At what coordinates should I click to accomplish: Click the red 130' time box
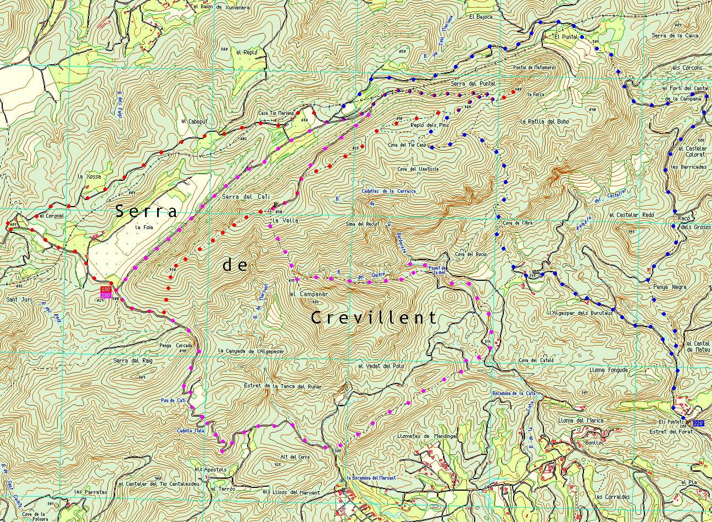coord(106,290)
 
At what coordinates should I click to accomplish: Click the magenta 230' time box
coord(106,296)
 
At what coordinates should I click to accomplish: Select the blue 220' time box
coord(698,423)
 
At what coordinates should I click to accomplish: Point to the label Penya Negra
coord(670,287)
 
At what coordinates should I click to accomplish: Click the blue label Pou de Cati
coord(174,401)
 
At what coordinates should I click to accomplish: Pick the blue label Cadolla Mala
coord(190,430)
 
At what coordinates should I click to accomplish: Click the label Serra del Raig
coord(132,360)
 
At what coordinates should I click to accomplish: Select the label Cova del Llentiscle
coord(418,169)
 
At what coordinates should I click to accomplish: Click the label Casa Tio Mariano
coord(276,113)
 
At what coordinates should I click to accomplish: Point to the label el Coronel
coord(52,216)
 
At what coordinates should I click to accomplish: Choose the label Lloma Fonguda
coord(608,370)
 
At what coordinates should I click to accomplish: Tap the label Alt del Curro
coord(295,457)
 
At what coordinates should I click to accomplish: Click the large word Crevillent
coord(374,318)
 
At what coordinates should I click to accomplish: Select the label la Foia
coord(143,226)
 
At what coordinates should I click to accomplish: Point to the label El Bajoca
coord(481,16)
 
